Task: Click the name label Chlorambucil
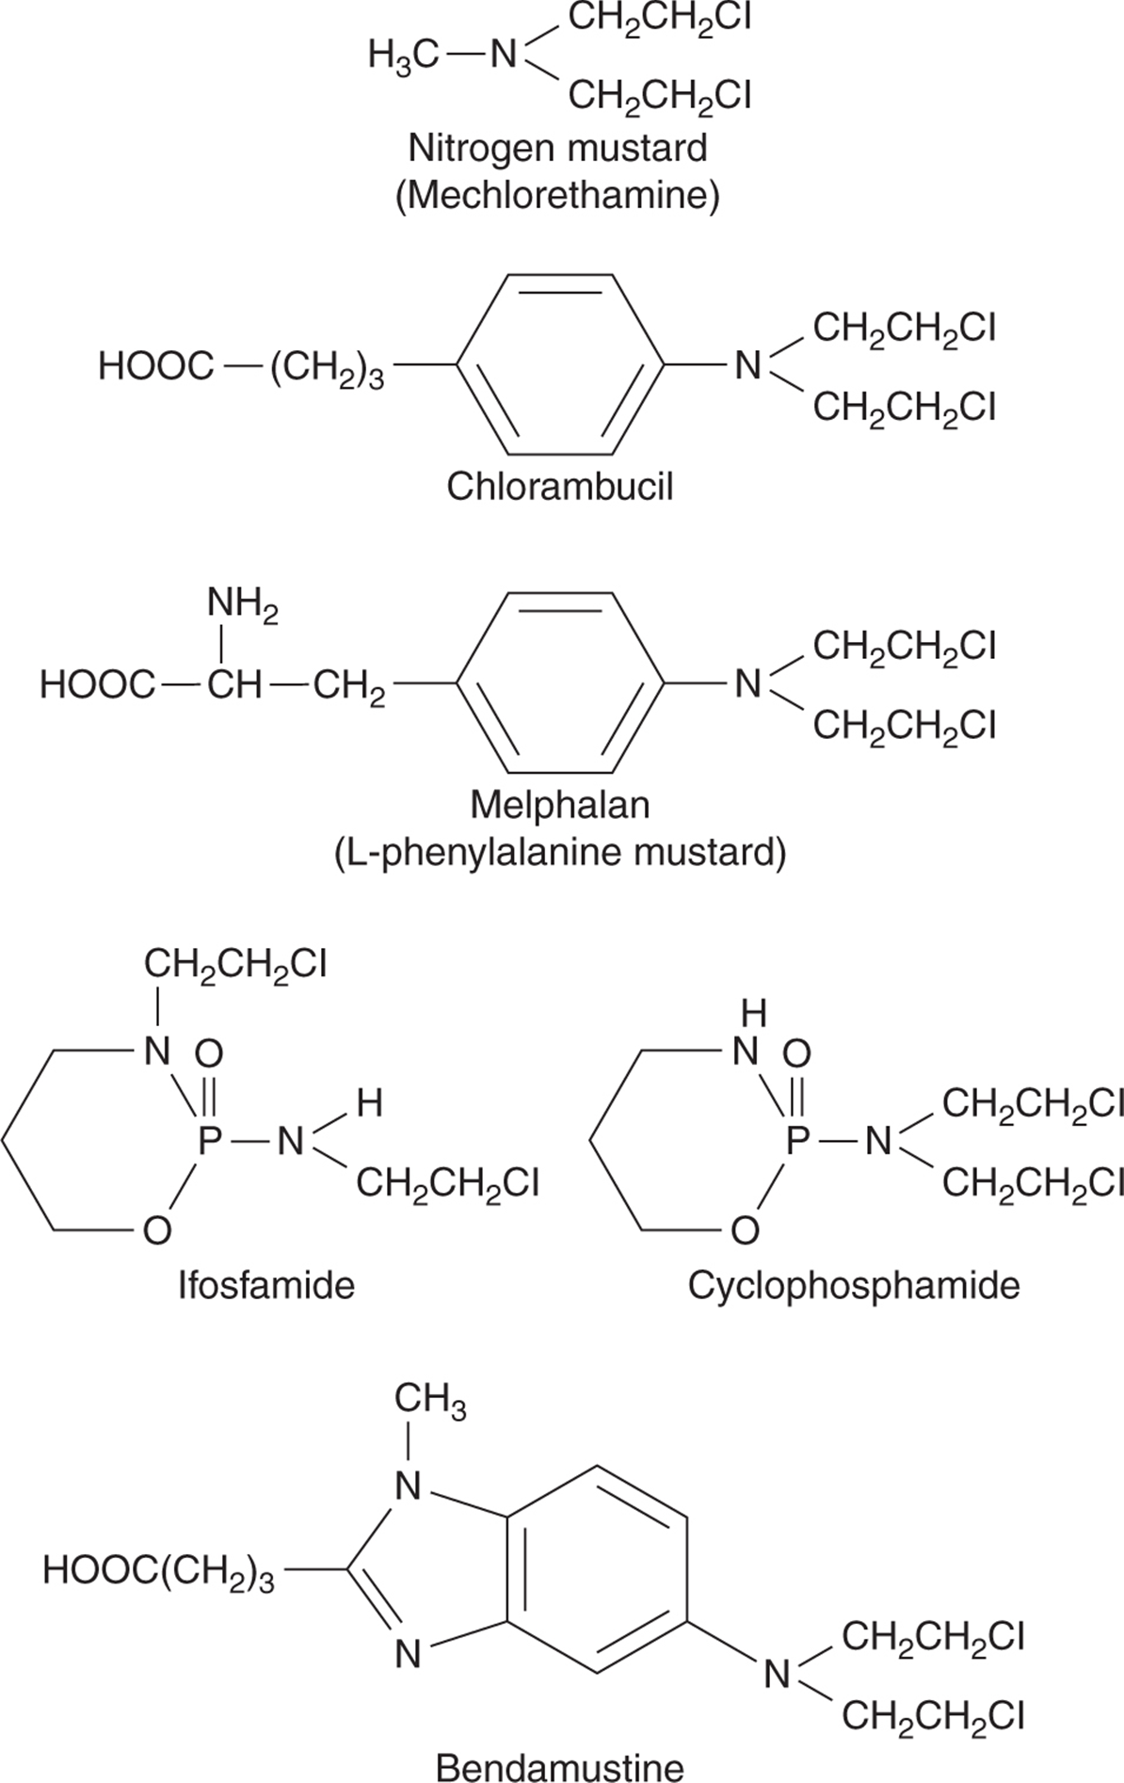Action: pyautogui.click(x=560, y=487)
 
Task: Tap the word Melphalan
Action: pyautogui.click(x=560, y=805)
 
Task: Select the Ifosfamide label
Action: pyautogui.click(x=267, y=1285)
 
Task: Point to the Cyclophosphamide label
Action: pyautogui.click(x=854, y=1285)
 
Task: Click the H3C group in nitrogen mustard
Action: pyautogui.click(x=404, y=57)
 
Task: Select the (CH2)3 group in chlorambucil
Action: pyautogui.click(x=327, y=369)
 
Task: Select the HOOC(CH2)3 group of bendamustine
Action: pyautogui.click(x=159, y=1570)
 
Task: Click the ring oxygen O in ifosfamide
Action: pyautogui.click(x=157, y=1229)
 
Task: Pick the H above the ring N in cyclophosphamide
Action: pyautogui.click(x=754, y=1013)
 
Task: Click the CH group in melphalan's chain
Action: pyautogui.click(x=234, y=684)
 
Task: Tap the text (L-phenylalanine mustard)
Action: pyautogui.click(x=559, y=854)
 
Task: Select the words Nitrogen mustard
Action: pyautogui.click(x=558, y=148)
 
